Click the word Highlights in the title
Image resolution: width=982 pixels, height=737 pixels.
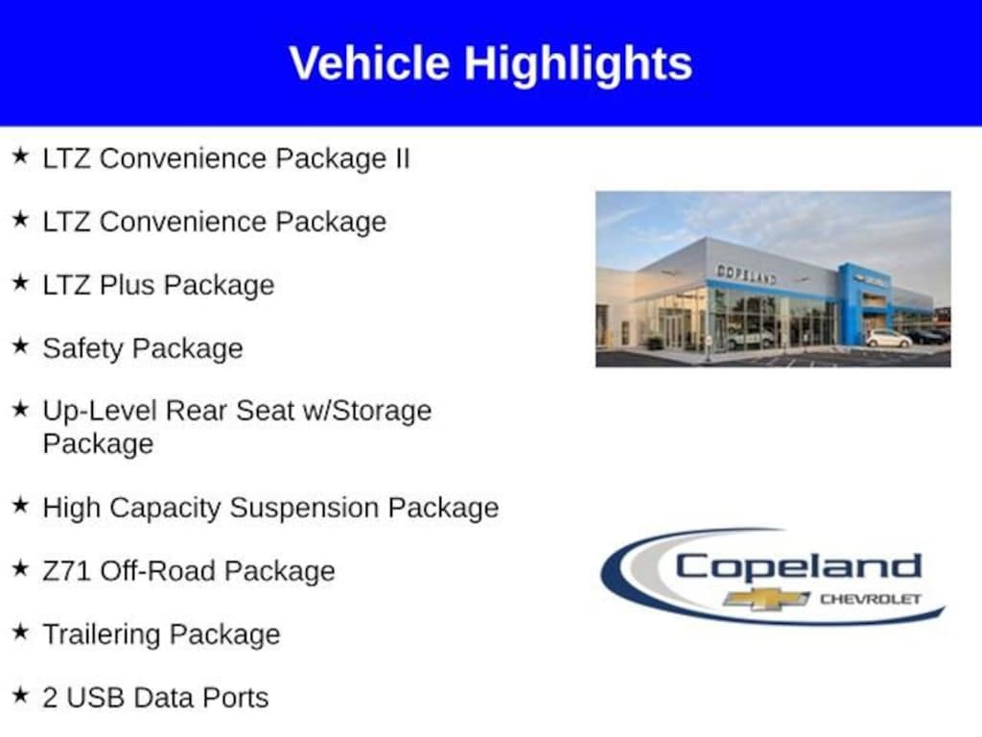pyautogui.click(x=578, y=64)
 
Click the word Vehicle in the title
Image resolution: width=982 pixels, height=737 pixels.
pyautogui.click(x=369, y=63)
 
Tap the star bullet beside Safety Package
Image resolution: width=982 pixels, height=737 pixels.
pyautogui.click(x=20, y=345)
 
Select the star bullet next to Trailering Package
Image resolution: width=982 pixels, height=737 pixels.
pyautogui.click(x=20, y=631)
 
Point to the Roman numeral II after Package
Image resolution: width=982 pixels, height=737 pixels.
pyautogui.click(x=402, y=158)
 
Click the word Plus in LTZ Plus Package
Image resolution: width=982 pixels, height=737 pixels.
pyautogui.click(x=127, y=284)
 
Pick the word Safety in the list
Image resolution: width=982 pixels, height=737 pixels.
pyautogui.click(x=83, y=349)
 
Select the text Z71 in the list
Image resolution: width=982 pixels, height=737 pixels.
pyautogui.click(x=67, y=571)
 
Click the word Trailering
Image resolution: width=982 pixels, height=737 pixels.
pyautogui.click(x=102, y=635)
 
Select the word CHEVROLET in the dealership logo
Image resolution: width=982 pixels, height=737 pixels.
pyautogui.click(x=871, y=599)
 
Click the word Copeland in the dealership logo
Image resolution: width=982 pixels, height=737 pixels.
pyautogui.click(x=799, y=567)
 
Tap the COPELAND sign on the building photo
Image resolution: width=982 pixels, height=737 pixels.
pyautogui.click(x=746, y=273)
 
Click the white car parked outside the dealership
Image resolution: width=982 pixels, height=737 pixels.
pyautogui.click(x=888, y=339)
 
